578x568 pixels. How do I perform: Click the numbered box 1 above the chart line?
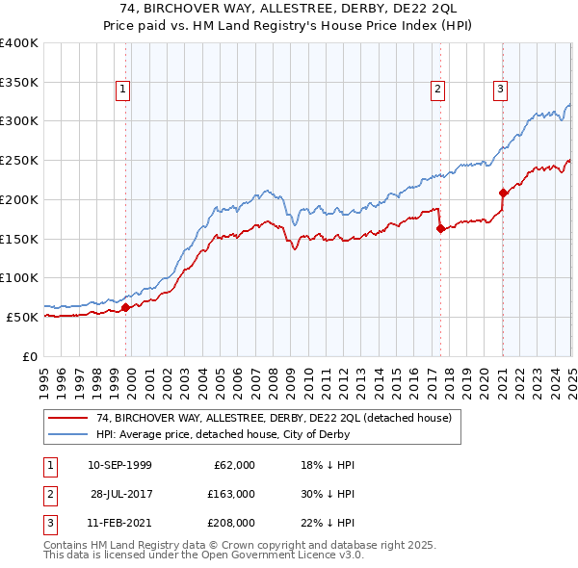point(124,90)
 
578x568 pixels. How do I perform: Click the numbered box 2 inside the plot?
point(437,90)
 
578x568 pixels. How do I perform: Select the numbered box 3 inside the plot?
point(501,90)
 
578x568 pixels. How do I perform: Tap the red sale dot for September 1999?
point(126,307)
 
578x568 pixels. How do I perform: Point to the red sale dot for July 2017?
point(440,228)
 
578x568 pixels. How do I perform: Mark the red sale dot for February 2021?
point(503,193)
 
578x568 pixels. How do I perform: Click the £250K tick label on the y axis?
point(20,161)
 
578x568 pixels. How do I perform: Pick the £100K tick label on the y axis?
point(20,278)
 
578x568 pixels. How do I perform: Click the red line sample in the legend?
point(66,418)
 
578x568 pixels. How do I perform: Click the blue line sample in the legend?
point(66,434)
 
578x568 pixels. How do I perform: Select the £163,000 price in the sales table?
point(231,494)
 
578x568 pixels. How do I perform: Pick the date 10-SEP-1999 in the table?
point(119,465)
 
